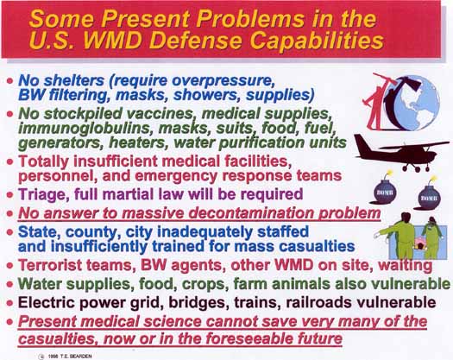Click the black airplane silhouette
pyautogui.click(x=401, y=153)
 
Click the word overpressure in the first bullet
pyautogui.click(x=223, y=80)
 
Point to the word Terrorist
pyautogui.click(x=50, y=265)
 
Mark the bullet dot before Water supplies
pyautogui.click(x=9, y=284)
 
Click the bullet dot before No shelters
pyautogui.click(x=9, y=80)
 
